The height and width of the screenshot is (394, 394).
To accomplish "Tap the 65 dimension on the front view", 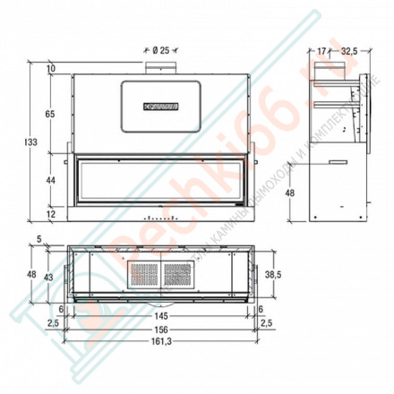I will [x=51, y=114].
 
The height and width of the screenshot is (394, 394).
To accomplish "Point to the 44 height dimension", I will [x=51, y=180].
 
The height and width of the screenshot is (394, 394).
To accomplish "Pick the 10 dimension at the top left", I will [x=51, y=69].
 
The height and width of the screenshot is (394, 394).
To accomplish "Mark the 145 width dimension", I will [x=161, y=315].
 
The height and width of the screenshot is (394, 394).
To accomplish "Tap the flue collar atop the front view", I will [x=162, y=68].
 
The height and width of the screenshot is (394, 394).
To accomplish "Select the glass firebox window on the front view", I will [x=161, y=180].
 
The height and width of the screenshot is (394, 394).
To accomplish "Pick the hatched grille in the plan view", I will [x=161, y=273].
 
